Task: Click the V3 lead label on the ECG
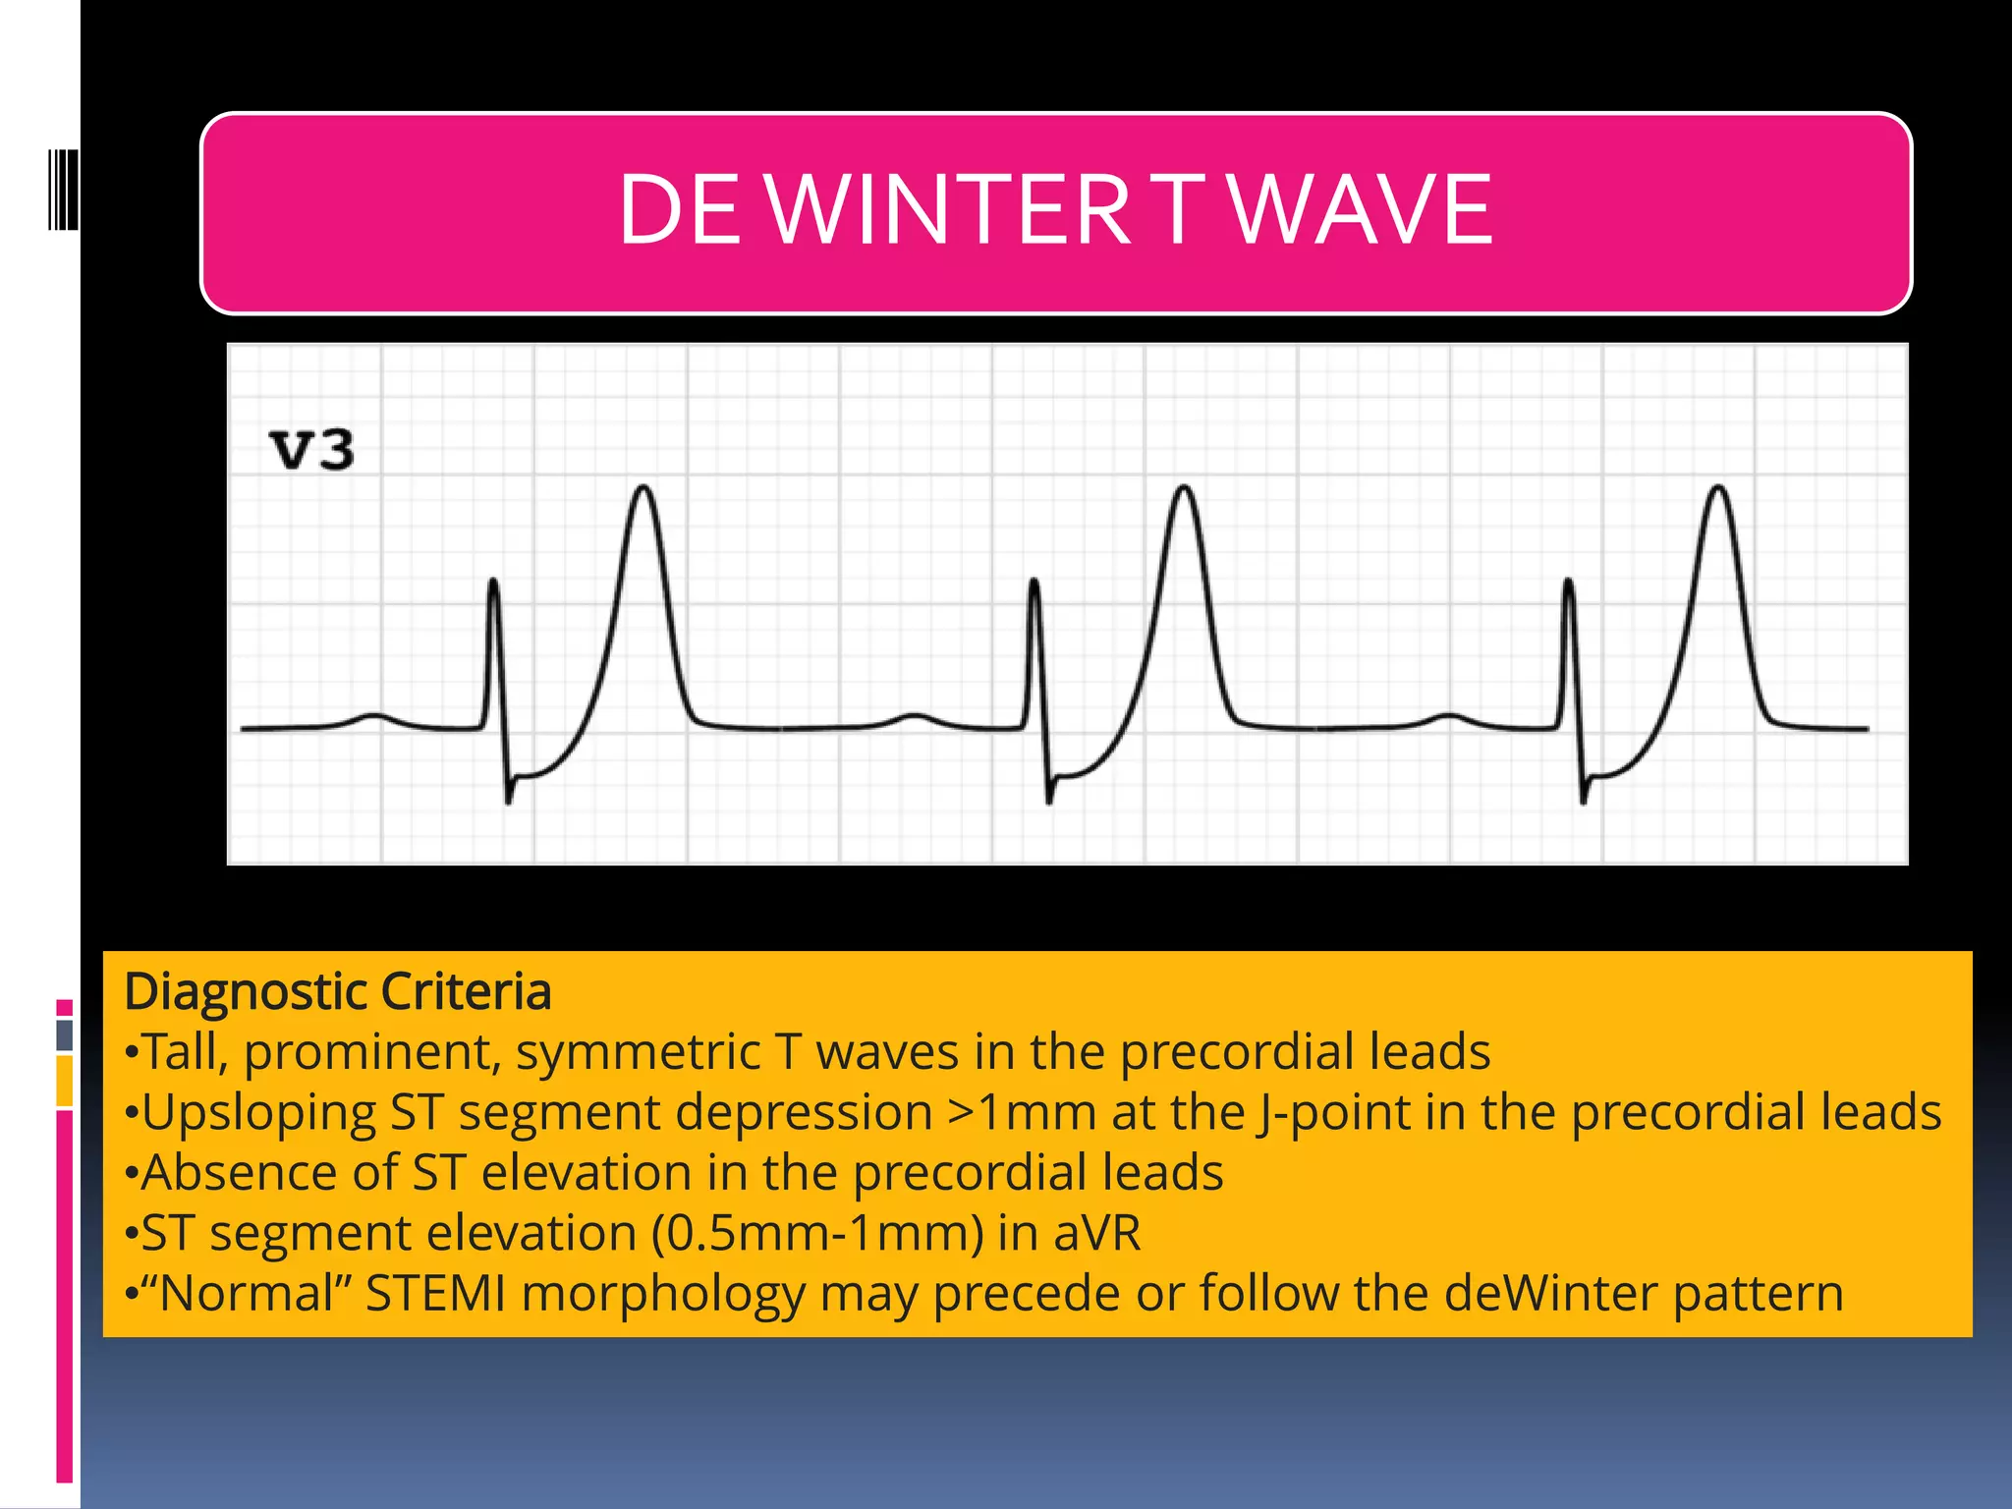[x=311, y=450]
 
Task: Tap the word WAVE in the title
[x=1361, y=209]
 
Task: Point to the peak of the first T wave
[x=643, y=487]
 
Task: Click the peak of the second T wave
[x=1185, y=487]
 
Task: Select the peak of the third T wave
[x=1718, y=487]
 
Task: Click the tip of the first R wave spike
[x=493, y=582]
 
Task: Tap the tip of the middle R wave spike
[x=1034, y=582]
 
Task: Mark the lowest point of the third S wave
[x=1584, y=802]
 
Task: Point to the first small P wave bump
[x=373, y=715]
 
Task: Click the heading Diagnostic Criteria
[x=337, y=991]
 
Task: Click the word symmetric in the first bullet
[x=638, y=1052]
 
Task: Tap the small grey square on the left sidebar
[x=65, y=1034]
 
